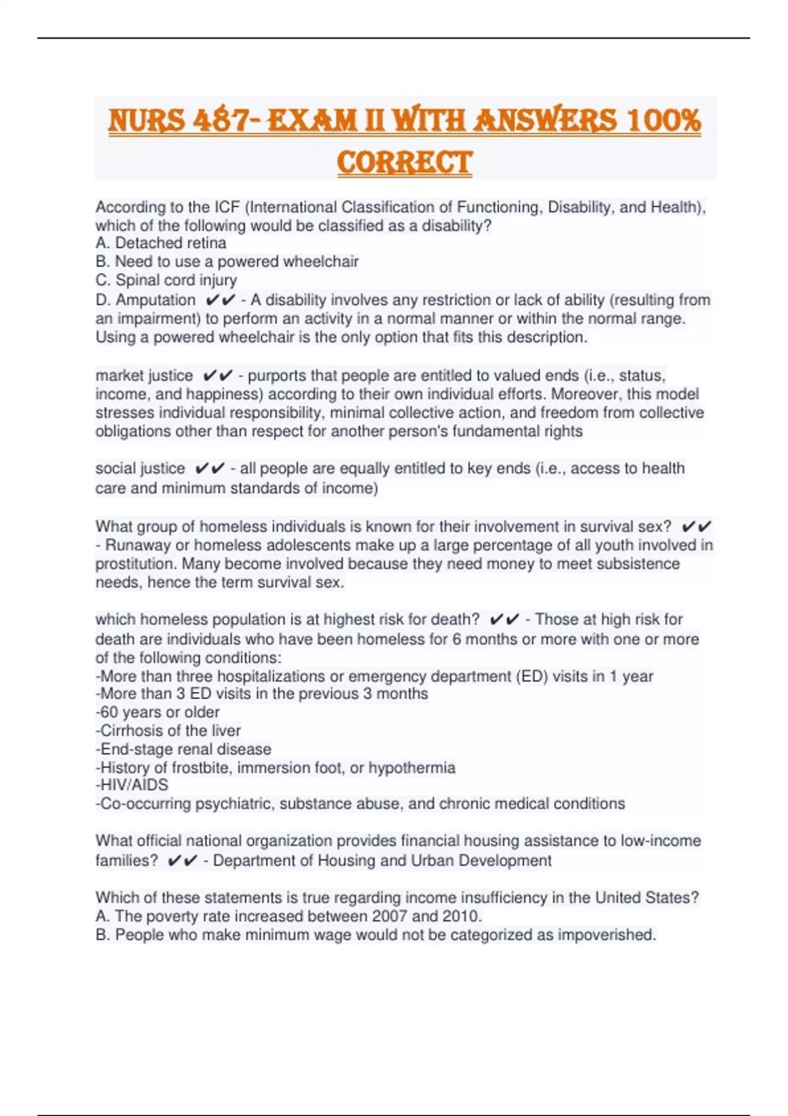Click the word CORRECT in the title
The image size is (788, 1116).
(405, 162)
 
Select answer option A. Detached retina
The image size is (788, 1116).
(161, 243)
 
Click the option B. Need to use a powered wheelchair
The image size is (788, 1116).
(227, 261)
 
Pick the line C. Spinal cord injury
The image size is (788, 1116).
(166, 280)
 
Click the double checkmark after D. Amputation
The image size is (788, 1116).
(220, 300)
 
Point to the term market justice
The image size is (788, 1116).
(144, 376)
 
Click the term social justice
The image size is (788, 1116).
(140, 469)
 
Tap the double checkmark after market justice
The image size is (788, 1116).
(218, 376)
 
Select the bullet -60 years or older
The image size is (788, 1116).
(158, 712)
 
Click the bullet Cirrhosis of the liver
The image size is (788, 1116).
(168, 731)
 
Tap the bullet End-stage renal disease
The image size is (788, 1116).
(183, 749)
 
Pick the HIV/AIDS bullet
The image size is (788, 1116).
(132, 785)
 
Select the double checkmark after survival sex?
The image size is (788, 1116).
(697, 526)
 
